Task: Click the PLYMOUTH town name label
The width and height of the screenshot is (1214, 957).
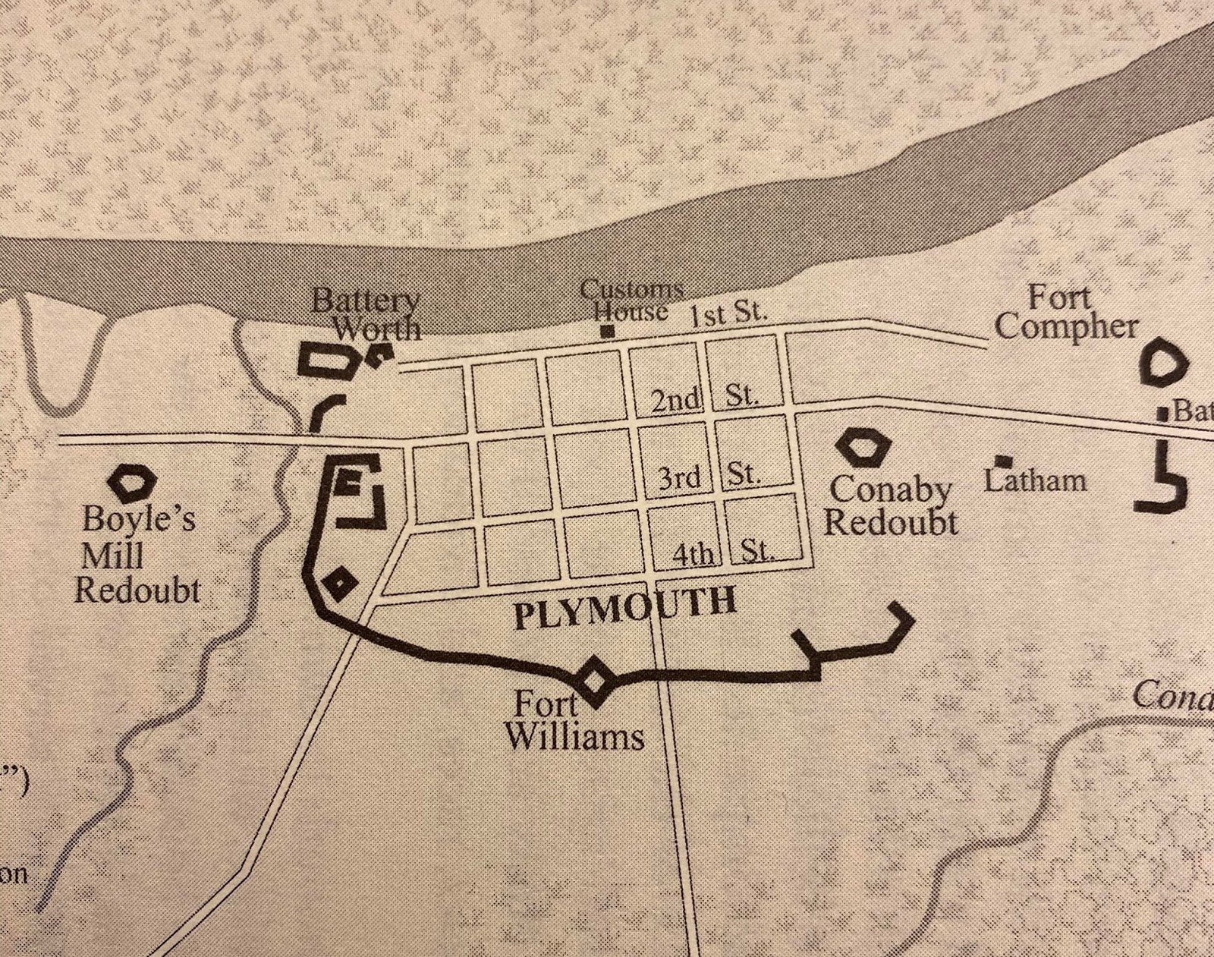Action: [624, 608]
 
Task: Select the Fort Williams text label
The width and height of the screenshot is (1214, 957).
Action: [575, 721]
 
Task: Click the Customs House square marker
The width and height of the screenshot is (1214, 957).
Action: [606, 331]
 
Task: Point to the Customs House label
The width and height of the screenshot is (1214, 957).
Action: [631, 301]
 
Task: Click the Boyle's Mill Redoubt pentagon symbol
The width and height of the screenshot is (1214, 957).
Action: [131, 480]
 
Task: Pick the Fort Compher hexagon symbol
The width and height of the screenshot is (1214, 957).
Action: [1163, 366]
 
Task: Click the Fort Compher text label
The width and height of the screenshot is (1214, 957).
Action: [1065, 313]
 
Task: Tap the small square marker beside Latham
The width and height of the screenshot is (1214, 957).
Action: [1004, 461]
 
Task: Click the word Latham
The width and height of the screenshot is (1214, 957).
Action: [1036, 480]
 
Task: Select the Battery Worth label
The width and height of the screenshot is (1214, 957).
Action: [366, 314]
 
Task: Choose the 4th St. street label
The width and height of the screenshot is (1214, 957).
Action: [723, 553]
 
